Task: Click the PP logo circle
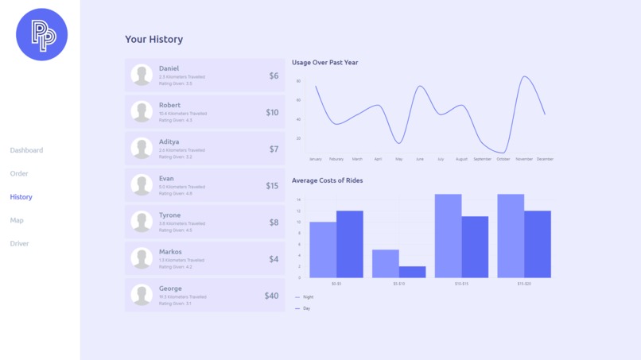tap(41, 35)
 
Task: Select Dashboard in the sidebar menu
tap(26, 150)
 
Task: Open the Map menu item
tap(17, 220)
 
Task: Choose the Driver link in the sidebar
tap(19, 243)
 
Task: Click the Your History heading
tap(153, 39)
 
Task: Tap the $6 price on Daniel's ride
tap(274, 76)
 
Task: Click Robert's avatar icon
tap(142, 112)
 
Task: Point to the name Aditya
tap(169, 141)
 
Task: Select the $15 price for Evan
tap(272, 186)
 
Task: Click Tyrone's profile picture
tap(142, 222)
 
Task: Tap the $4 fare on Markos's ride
tap(274, 259)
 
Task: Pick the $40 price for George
tap(271, 296)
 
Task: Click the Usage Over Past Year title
tap(324, 62)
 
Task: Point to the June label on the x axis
tap(420, 159)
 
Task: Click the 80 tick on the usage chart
tap(298, 81)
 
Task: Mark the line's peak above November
tap(524, 77)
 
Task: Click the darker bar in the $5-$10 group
tap(412, 272)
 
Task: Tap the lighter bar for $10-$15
tap(448, 236)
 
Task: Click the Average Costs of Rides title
tap(327, 180)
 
